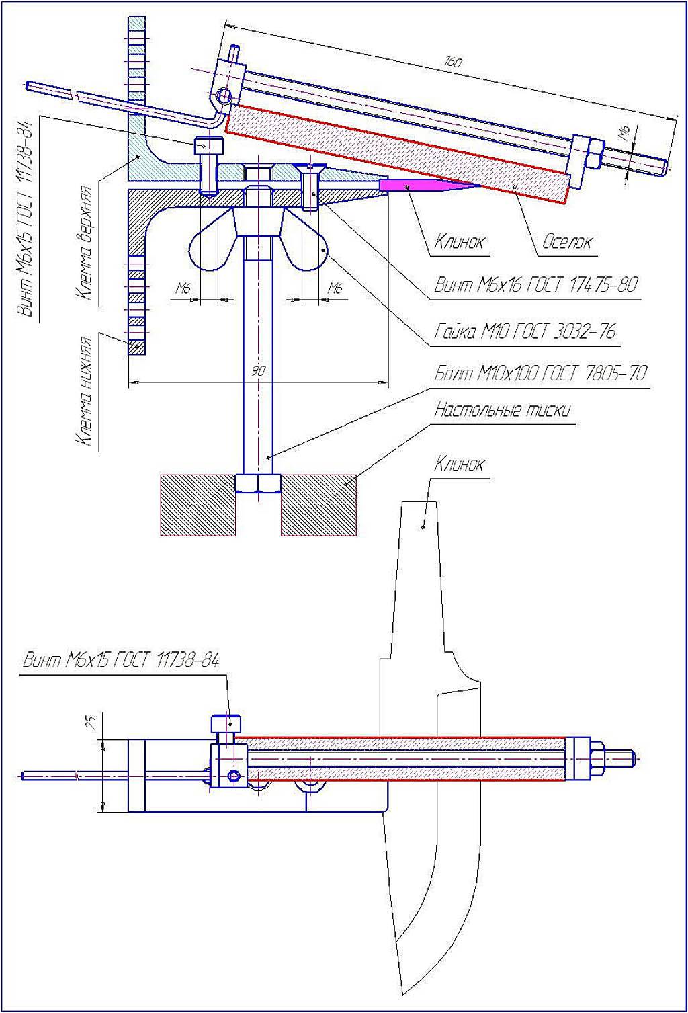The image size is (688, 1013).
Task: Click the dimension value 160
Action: [453, 61]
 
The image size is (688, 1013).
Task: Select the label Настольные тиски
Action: [502, 409]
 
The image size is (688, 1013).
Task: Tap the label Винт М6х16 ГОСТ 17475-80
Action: [535, 285]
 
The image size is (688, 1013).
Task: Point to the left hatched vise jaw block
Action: [198, 505]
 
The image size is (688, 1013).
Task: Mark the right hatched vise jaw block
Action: [318, 505]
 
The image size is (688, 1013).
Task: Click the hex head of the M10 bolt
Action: [258, 483]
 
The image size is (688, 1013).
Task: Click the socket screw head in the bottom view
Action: [227, 725]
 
